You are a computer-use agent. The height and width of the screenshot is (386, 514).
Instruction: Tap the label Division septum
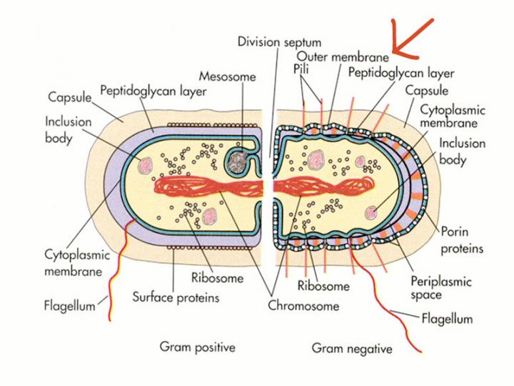(x=279, y=41)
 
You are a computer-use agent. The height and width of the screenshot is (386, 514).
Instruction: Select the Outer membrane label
(x=343, y=56)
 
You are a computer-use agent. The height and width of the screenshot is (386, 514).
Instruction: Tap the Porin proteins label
(x=461, y=240)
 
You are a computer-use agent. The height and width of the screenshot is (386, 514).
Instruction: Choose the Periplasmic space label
(x=441, y=288)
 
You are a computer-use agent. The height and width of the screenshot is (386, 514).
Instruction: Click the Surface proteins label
(x=176, y=297)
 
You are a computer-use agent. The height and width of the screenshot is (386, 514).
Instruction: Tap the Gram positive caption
(x=197, y=347)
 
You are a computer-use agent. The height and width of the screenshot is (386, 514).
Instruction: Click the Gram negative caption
(x=352, y=349)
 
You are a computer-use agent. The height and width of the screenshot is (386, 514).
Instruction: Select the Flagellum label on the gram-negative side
(x=447, y=318)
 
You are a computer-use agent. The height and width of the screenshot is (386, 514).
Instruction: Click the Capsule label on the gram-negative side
(x=427, y=91)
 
